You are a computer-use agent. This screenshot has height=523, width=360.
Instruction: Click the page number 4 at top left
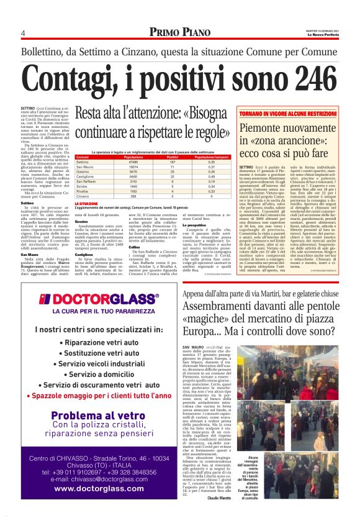click(x=22, y=33)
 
